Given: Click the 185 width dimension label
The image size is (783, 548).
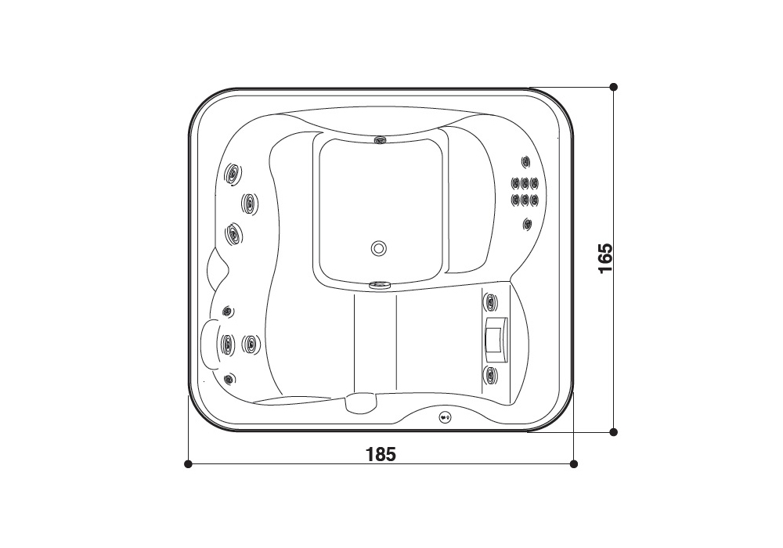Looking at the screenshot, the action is (381, 455).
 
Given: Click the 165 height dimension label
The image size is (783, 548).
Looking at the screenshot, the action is (605, 258).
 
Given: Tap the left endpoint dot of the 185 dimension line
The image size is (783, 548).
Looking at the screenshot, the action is (188, 464).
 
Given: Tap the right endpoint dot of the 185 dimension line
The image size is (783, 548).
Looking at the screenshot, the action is (574, 464).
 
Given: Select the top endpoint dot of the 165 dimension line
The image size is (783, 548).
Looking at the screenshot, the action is (614, 87).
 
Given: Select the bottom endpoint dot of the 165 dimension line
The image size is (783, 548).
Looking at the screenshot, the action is (614, 432).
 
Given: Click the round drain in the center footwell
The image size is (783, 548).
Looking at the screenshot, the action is (378, 248).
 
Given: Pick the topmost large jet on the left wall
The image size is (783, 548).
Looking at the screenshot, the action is (233, 174).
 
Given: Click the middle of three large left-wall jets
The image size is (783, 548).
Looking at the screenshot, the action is (249, 203).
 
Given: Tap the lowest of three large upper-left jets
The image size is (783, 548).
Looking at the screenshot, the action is (233, 233).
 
